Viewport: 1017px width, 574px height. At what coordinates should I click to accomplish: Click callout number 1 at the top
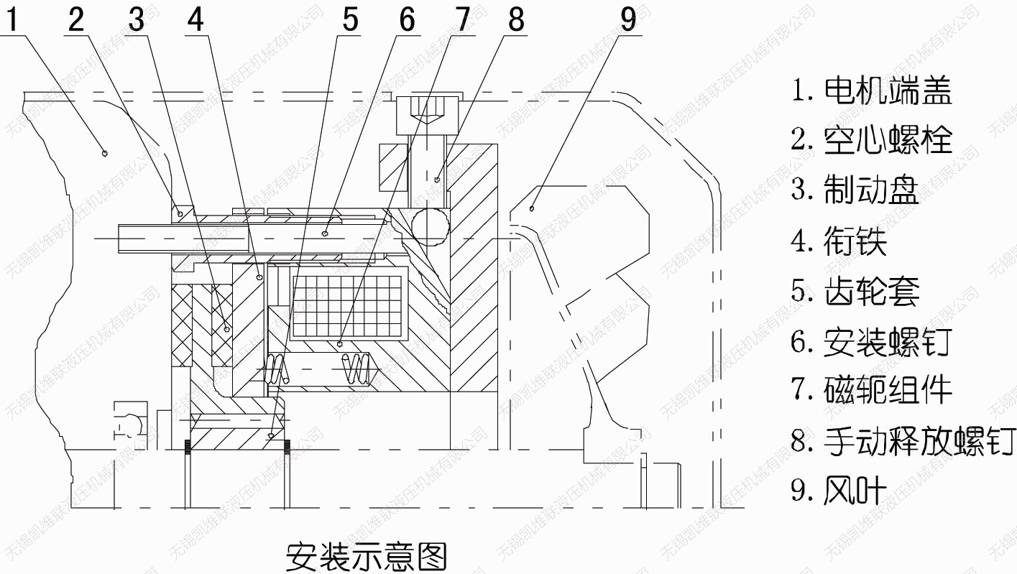(14, 19)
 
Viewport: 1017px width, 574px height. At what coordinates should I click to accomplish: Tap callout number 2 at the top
(75, 19)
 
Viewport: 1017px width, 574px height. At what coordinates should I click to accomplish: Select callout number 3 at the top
(137, 19)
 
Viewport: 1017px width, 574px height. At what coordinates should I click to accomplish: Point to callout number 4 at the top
(195, 19)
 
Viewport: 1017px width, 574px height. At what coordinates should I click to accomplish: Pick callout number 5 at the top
(350, 19)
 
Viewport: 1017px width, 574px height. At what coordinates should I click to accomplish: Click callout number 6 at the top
(407, 19)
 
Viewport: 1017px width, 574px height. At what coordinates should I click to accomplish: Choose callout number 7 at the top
(461, 19)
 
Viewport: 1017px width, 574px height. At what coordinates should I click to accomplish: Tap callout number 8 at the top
(516, 19)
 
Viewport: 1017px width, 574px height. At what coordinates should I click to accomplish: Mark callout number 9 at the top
(628, 19)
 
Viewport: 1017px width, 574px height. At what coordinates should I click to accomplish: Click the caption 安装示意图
(367, 555)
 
